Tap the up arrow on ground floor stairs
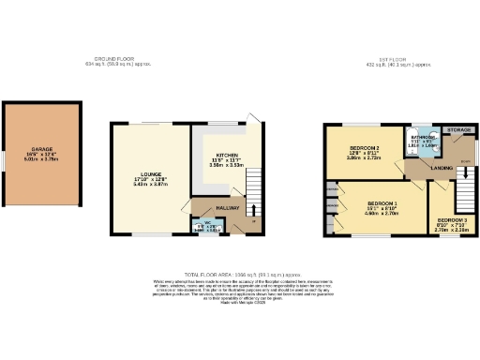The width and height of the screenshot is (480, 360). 256,211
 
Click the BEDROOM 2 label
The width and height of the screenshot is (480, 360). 363,148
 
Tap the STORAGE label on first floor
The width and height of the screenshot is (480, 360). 458,129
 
